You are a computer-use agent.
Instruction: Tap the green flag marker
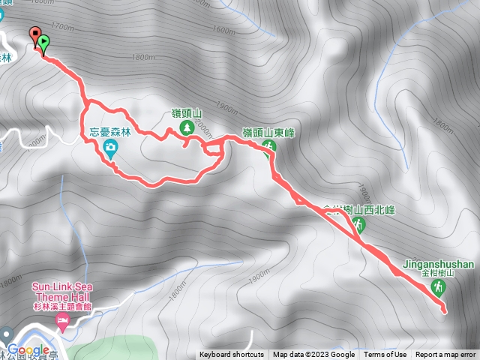click(x=44, y=43)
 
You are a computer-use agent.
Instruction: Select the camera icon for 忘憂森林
click(x=111, y=147)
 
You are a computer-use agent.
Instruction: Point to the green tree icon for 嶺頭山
click(x=185, y=130)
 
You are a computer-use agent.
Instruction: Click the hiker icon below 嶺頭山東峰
click(x=271, y=146)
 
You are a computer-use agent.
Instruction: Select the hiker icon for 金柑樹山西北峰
click(x=361, y=225)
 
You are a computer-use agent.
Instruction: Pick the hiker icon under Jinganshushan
click(x=439, y=288)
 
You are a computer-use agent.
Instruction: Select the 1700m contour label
click(x=64, y=28)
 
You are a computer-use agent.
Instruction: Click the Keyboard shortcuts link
click(x=231, y=355)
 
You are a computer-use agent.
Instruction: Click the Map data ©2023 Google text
click(x=313, y=355)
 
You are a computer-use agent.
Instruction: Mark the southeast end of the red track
click(x=444, y=310)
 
